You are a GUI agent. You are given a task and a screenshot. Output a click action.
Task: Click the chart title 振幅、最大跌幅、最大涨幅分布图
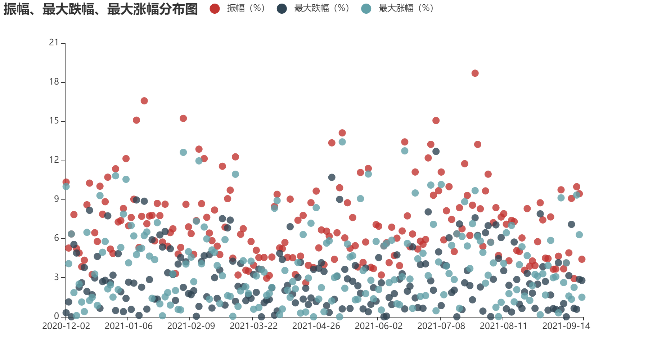point(101,9)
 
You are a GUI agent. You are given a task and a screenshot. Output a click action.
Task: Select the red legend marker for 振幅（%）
point(215,9)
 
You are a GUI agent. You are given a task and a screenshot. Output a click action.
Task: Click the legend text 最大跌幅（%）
point(321,8)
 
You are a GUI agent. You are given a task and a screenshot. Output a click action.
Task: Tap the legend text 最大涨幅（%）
point(406,8)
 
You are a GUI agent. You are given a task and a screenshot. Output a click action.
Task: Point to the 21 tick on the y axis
point(54,43)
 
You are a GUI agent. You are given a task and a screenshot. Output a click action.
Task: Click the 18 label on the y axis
point(54,82)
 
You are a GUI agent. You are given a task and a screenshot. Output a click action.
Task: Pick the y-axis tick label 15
point(54,121)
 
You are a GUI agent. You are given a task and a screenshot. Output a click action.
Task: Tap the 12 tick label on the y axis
point(54,160)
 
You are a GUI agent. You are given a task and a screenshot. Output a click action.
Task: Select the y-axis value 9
point(56,199)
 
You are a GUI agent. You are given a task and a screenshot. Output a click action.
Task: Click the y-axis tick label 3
point(56,277)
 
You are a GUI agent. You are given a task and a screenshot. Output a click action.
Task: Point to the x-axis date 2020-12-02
point(66,326)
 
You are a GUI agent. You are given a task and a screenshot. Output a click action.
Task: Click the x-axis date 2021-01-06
point(129,326)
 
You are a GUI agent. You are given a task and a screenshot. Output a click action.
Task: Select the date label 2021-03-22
point(253,326)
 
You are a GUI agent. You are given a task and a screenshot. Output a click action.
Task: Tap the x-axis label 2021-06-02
point(378,326)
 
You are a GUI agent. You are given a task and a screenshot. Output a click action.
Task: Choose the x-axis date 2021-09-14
point(566,326)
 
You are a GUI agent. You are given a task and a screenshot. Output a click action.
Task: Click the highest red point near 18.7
point(475,73)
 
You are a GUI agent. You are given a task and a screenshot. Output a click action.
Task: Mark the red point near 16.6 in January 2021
point(144,101)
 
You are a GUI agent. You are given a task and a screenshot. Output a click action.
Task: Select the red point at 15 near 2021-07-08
point(436,121)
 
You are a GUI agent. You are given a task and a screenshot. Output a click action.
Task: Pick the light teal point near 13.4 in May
point(342,142)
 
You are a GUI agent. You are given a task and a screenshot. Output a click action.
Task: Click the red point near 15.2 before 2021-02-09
point(183,118)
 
